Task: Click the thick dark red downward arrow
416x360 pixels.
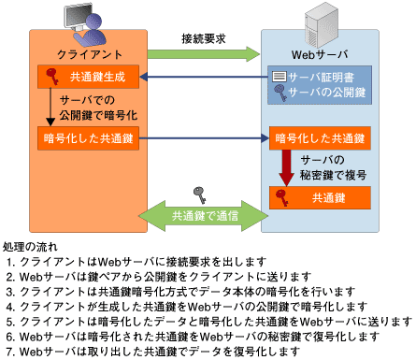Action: tap(288, 168)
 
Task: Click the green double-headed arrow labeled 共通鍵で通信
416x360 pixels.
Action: tap(203, 215)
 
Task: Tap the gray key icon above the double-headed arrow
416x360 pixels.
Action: tap(198, 194)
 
